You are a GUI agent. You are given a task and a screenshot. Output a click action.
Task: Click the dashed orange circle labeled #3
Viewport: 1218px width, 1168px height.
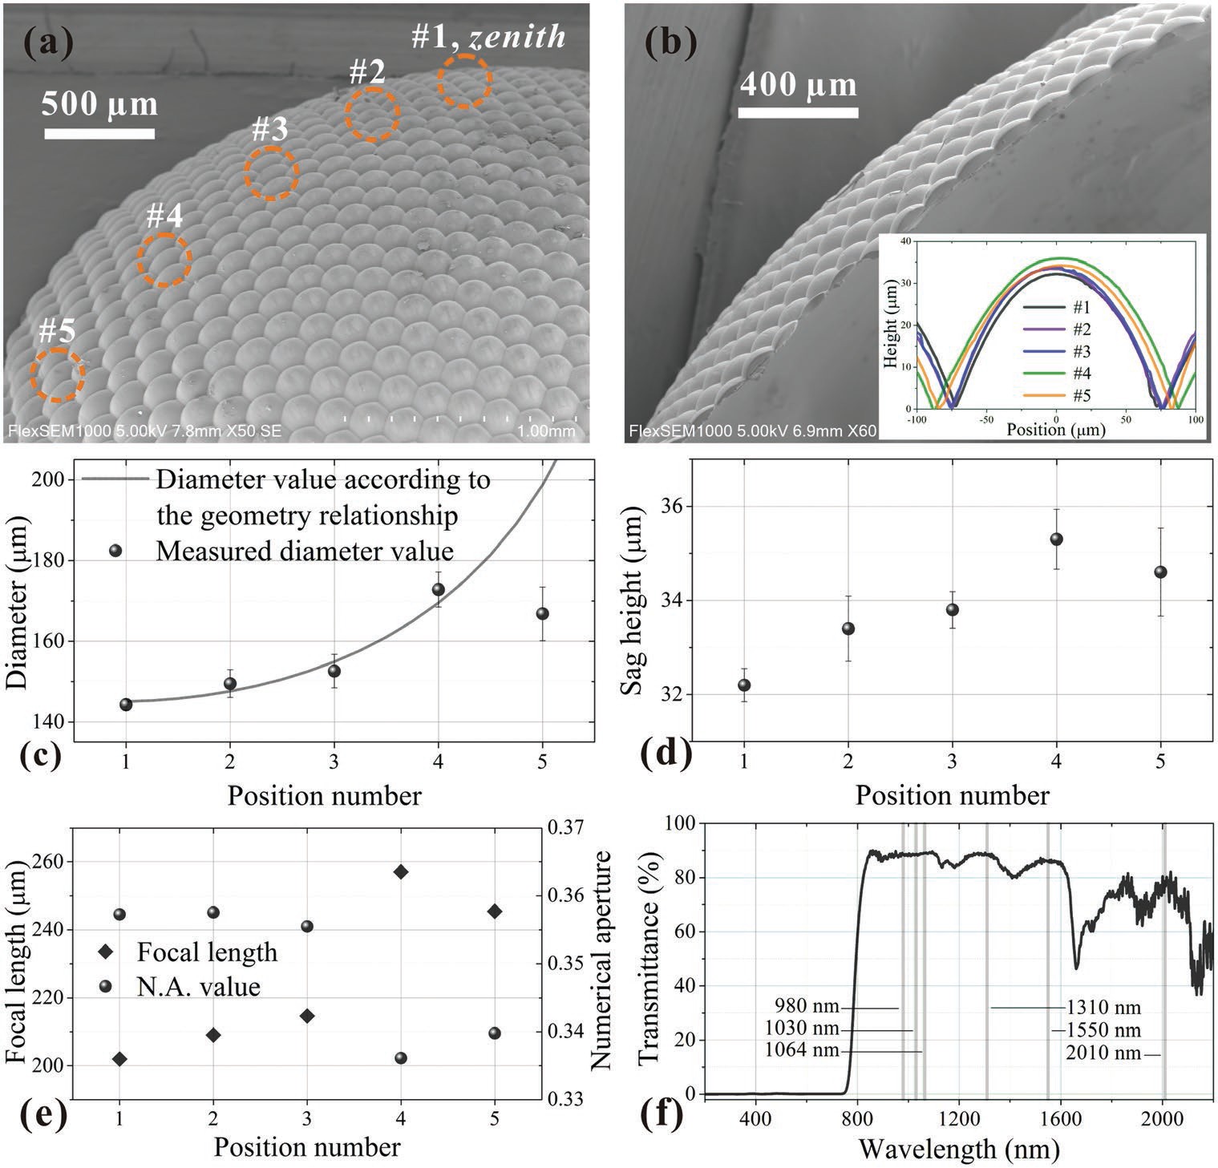(272, 173)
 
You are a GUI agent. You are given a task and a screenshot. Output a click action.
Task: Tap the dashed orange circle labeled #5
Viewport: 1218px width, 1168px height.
(58, 374)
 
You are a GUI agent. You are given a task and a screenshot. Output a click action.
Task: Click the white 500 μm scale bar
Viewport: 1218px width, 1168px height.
(99, 133)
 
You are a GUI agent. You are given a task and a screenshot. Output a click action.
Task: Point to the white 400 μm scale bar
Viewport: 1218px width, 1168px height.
(798, 113)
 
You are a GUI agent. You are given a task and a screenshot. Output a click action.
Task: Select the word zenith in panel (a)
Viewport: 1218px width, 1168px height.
(518, 36)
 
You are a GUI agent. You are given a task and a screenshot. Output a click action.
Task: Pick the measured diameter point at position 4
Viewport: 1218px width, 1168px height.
(438, 589)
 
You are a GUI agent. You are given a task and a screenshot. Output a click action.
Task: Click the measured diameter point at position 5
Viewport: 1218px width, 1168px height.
(543, 613)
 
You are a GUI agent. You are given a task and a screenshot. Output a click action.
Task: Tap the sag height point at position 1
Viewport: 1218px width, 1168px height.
(744, 685)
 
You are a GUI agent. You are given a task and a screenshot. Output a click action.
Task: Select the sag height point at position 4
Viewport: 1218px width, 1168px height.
(1056, 539)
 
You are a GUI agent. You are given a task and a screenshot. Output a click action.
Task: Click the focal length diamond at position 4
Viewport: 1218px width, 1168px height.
(401, 871)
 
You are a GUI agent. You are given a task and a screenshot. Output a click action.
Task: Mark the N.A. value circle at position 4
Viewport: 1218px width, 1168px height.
(401, 1058)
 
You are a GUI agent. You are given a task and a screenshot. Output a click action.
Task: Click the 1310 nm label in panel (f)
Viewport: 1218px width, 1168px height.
(1103, 1008)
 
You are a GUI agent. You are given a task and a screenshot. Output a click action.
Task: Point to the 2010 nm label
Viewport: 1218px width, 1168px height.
(1103, 1053)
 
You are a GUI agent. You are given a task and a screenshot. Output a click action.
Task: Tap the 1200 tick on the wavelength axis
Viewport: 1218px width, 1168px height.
(959, 1117)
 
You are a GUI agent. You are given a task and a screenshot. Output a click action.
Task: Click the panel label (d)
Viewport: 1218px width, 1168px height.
(666, 754)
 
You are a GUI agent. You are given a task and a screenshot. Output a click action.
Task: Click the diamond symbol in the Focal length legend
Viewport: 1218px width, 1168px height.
(104, 952)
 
